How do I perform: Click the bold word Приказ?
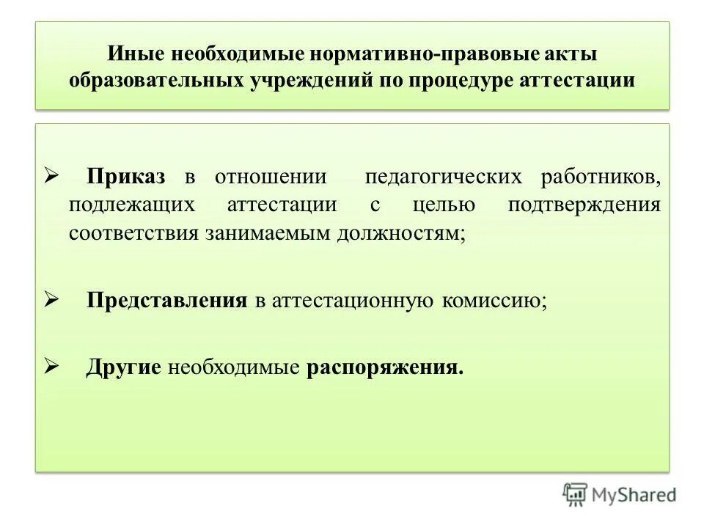pos(126,177)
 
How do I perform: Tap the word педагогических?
pos(444,177)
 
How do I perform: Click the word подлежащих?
pos(132,205)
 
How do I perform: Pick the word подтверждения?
pos(584,205)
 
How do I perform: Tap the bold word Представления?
pos(166,300)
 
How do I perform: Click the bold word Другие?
pos(123,367)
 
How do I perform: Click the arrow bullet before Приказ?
pos(51,176)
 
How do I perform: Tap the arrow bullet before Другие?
pos(51,365)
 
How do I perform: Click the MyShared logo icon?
pos(576,494)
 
